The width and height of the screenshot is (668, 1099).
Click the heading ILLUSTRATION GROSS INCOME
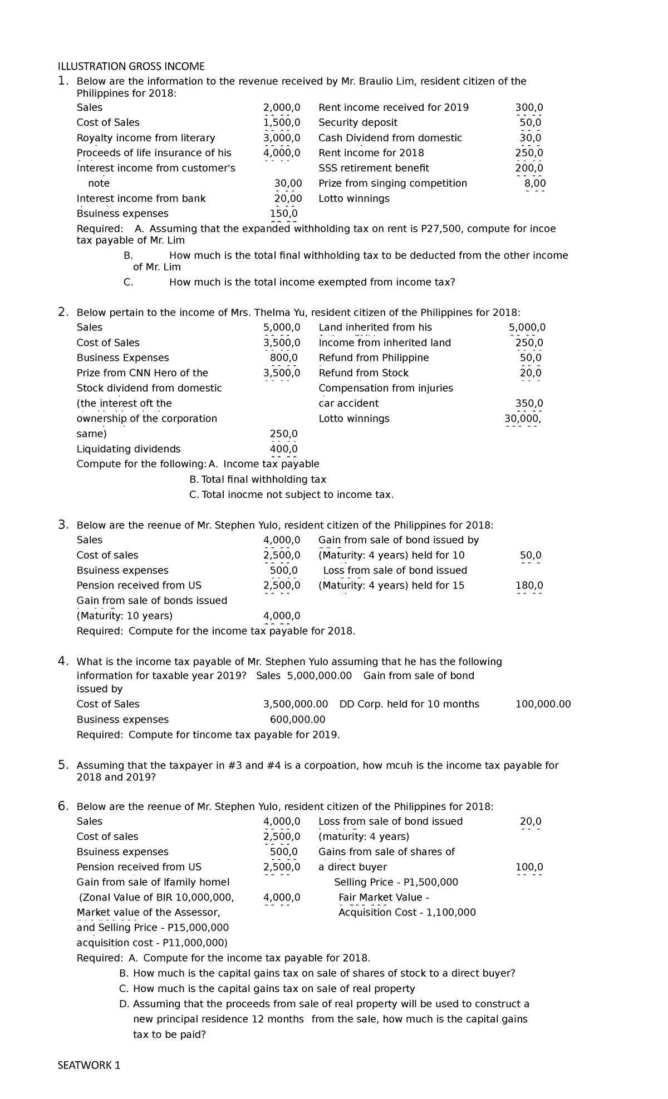[x=131, y=67]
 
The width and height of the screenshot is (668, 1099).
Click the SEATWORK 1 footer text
[x=89, y=1066]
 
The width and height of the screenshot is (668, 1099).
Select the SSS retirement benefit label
[x=374, y=168]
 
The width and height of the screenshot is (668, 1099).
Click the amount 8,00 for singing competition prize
[x=535, y=184]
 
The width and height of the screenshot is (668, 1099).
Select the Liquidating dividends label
[x=129, y=449]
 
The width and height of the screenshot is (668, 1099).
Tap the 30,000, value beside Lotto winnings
[x=522, y=419]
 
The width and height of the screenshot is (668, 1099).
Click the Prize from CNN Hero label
[x=143, y=373]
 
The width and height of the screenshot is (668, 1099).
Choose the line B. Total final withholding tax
[x=258, y=479]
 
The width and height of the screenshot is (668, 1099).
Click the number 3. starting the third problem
[x=63, y=524]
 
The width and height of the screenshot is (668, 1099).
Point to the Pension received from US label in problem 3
[x=139, y=586]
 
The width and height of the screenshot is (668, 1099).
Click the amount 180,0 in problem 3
[x=530, y=586]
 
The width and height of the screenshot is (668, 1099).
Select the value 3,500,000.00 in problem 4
[x=295, y=704]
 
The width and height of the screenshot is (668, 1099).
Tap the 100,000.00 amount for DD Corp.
[x=543, y=704]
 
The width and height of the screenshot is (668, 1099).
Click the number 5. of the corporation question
[x=63, y=765]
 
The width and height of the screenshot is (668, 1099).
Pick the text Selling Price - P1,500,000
[x=396, y=882]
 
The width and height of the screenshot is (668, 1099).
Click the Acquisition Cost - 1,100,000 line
[x=407, y=913]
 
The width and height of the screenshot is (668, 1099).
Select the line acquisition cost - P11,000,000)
[x=152, y=943]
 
